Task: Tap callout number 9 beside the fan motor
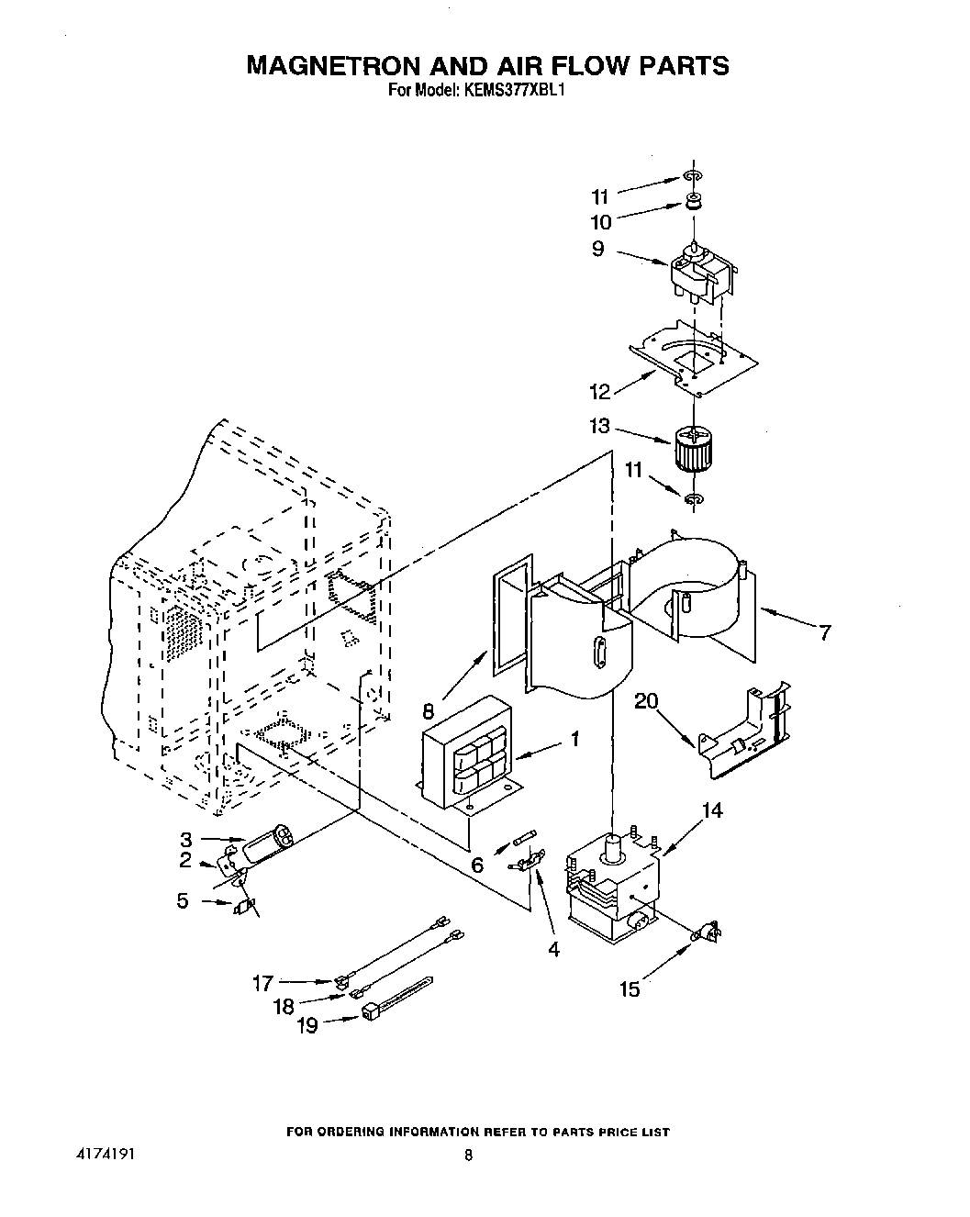coord(598,249)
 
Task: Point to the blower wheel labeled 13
coord(694,450)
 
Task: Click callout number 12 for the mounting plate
coord(599,392)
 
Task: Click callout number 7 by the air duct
coord(825,631)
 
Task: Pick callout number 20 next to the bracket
coord(646,701)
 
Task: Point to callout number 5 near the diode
coord(183,901)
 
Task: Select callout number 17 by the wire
coord(262,983)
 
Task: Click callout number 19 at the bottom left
coord(307,1025)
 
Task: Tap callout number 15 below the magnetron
coord(630,990)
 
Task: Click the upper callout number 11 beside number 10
coord(599,196)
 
